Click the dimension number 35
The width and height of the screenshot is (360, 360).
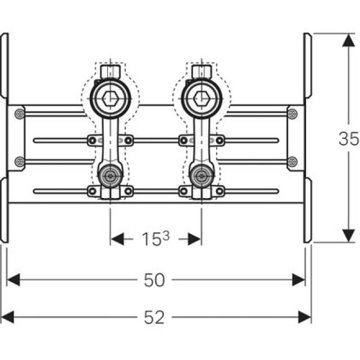(348, 138)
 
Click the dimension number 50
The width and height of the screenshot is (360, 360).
(154, 280)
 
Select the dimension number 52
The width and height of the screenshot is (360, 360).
(154, 318)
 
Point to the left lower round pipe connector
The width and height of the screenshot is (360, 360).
(110, 176)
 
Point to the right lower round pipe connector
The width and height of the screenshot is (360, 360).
(200, 176)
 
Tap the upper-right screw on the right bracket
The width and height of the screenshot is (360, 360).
(291, 114)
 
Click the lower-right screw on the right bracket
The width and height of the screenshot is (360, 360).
(291, 162)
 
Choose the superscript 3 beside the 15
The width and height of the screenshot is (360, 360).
(166, 236)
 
